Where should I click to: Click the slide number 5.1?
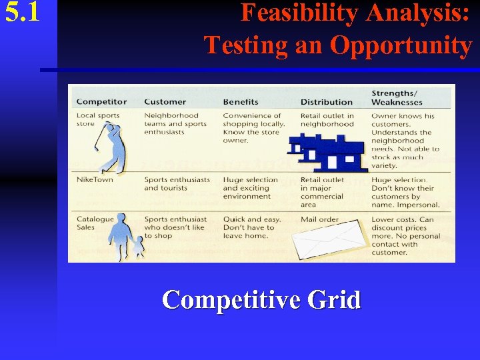(x=23, y=13)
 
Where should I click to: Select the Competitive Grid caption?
(x=261, y=299)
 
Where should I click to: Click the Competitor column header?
(x=101, y=102)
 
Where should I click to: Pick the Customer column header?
(x=165, y=102)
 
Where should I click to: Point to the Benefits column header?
(x=241, y=102)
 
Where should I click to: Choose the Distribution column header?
(x=326, y=102)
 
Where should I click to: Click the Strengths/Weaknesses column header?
(x=397, y=97)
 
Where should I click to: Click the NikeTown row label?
(x=95, y=180)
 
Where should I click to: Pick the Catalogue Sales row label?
(x=95, y=223)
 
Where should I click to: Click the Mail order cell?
(x=319, y=219)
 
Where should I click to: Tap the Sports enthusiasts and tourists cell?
(x=177, y=184)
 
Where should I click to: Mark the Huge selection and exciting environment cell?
(x=251, y=188)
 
